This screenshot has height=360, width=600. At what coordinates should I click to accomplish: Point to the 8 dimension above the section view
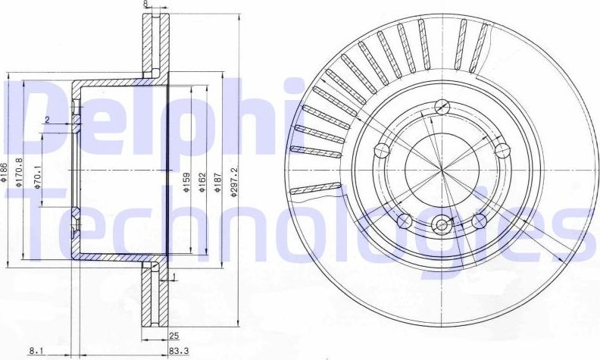145,5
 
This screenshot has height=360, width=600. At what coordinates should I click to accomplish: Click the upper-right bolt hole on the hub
499,149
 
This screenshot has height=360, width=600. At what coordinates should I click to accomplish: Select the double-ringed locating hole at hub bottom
441,224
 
